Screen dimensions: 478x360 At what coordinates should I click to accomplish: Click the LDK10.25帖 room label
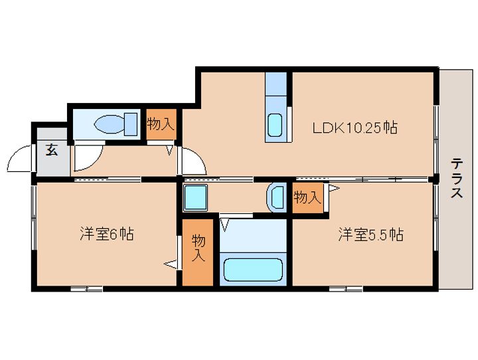(x=355, y=128)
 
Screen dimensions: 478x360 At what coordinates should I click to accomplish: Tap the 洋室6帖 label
(x=107, y=234)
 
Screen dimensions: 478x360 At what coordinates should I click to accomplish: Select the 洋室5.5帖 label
(x=370, y=234)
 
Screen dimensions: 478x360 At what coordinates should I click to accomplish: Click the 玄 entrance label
(x=52, y=150)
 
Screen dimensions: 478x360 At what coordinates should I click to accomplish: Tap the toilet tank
(x=131, y=124)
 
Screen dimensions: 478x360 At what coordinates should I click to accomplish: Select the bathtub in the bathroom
(x=253, y=270)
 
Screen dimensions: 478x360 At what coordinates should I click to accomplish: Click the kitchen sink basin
(x=275, y=125)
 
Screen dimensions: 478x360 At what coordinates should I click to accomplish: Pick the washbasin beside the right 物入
(x=276, y=197)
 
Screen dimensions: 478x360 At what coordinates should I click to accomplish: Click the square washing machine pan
(x=195, y=198)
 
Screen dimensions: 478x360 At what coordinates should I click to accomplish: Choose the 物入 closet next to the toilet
(x=161, y=124)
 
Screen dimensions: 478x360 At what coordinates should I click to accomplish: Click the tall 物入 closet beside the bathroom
(x=198, y=252)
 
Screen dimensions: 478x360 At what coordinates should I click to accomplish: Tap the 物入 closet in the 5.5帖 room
(x=307, y=198)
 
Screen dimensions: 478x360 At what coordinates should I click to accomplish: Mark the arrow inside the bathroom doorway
(x=225, y=225)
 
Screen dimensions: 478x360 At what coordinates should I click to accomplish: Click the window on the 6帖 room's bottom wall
(x=86, y=289)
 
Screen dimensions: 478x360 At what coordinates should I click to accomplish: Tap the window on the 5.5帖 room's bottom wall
(x=346, y=289)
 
